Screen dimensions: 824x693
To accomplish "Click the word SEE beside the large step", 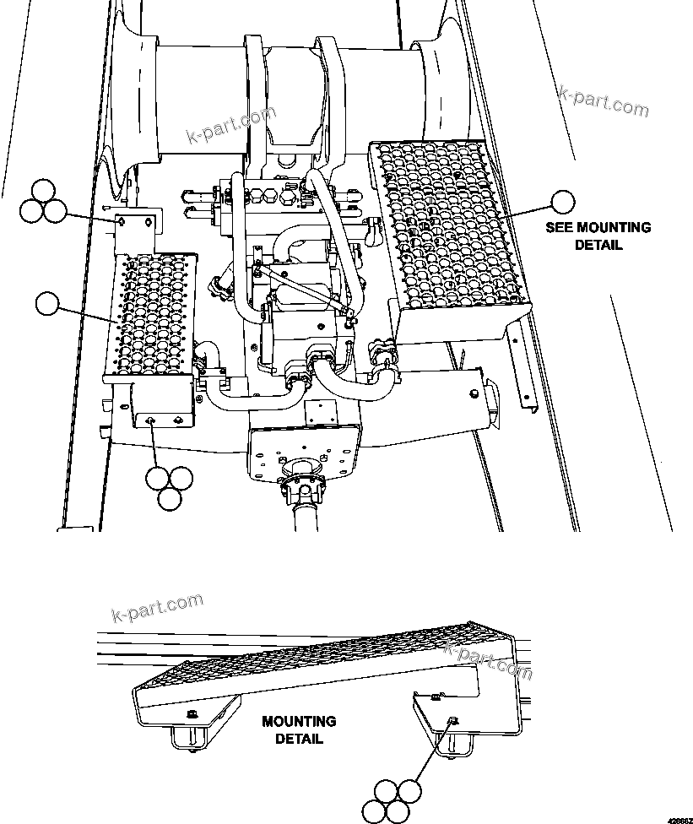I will [562, 228].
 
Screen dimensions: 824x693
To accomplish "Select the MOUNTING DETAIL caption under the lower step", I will [299, 730].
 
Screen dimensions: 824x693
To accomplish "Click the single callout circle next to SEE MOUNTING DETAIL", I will [562, 202].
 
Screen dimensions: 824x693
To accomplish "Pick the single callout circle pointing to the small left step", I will [49, 303].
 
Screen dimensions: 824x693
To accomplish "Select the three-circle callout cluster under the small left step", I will [168, 486].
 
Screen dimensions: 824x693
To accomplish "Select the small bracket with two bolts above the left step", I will [135, 225].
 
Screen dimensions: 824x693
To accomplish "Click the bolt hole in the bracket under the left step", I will [151, 420].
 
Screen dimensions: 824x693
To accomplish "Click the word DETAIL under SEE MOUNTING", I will [598, 245].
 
